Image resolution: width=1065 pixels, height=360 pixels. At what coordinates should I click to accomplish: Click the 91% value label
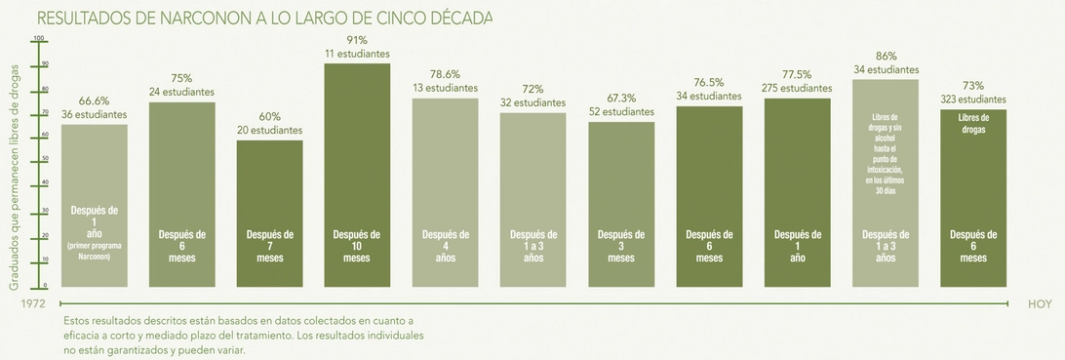point(357,40)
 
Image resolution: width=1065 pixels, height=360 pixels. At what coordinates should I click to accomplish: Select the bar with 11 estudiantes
point(357,176)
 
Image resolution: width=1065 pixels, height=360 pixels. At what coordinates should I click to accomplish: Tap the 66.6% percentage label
point(94,100)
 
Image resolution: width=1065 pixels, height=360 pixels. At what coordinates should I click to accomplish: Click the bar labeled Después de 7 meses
point(269,214)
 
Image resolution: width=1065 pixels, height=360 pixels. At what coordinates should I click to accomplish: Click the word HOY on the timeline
point(1040,304)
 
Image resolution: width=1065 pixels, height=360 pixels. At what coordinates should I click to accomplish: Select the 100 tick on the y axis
point(40,39)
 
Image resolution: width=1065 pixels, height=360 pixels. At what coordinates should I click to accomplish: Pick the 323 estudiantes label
point(972,100)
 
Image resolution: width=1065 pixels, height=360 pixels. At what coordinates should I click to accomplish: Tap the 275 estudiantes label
point(797,88)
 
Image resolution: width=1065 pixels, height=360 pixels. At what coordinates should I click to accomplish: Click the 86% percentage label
point(886,57)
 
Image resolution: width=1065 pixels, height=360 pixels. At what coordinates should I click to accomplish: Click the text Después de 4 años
point(445,246)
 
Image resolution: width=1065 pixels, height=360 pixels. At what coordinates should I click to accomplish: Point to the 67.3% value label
point(621,99)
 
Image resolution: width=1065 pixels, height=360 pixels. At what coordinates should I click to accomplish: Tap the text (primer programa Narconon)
point(95,251)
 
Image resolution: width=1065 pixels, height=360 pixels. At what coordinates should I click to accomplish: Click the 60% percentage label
point(269,116)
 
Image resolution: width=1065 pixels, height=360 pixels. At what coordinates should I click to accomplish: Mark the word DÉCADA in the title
point(458,19)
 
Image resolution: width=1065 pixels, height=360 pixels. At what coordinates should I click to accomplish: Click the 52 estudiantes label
point(621,112)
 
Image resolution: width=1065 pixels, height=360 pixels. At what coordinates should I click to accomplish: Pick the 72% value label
point(532,89)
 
